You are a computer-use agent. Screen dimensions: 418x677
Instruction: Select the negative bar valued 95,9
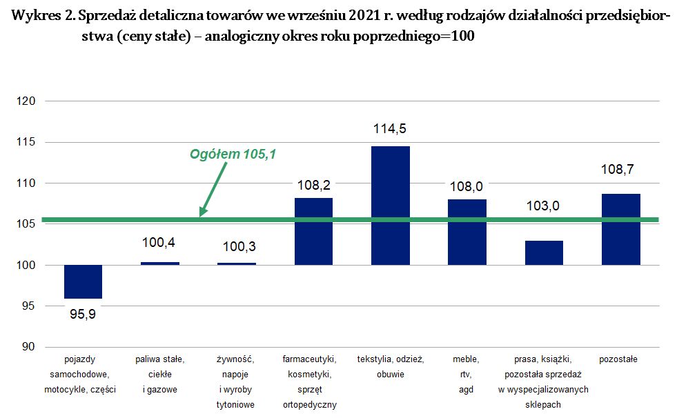point(83,282)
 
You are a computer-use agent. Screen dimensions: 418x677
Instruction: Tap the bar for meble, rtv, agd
point(467,232)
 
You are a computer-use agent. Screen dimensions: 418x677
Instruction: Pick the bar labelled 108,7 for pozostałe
point(621,229)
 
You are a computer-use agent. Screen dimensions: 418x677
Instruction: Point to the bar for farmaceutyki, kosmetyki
point(313,231)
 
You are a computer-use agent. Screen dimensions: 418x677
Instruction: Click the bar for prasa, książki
point(544,252)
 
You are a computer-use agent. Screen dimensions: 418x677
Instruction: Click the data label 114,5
point(391,128)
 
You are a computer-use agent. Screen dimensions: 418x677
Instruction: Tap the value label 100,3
point(237,246)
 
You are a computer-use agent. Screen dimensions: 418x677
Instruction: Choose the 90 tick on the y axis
point(29,347)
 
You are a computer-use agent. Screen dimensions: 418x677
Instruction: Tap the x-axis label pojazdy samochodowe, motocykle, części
point(83,374)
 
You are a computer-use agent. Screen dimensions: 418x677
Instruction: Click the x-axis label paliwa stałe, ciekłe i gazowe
point(160,374)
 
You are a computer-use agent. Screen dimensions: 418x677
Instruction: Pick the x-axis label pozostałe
point(618,359)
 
